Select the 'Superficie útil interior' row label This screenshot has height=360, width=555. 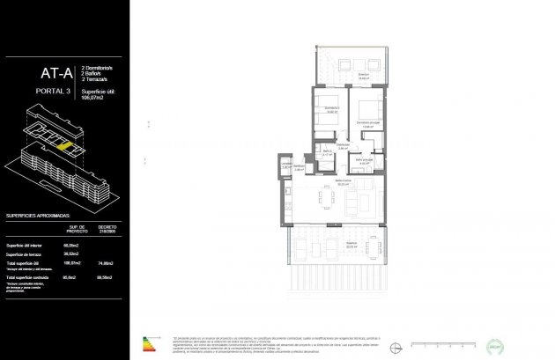(26, 245)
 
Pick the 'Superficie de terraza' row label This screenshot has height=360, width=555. (26, 253)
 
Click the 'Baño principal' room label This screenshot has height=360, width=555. (364, 159)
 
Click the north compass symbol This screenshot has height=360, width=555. (402, 344)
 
